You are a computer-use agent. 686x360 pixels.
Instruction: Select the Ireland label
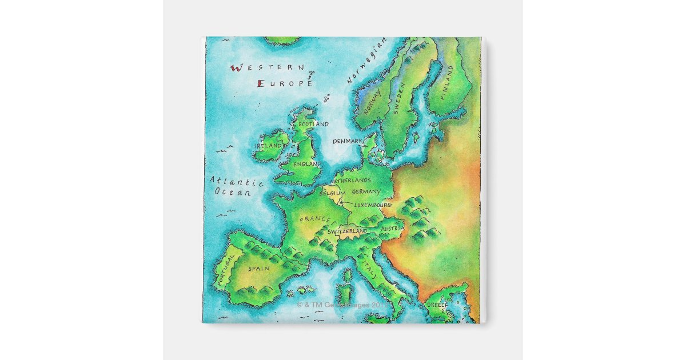(x=269, y=146)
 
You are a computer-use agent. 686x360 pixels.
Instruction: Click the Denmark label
(x=348, y=141)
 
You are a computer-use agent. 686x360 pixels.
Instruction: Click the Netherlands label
(x=354, y=180)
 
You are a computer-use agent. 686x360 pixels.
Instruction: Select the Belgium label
(x=332, y=193)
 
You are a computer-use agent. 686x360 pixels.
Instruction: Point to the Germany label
(x=366, y=192)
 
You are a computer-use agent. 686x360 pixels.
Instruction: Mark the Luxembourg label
(x=372, y=205)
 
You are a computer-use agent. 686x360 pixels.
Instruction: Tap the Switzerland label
(x=346, y=231)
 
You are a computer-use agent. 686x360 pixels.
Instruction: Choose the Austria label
(x=392, y=229)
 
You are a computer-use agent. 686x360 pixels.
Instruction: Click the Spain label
(x=258, y=268)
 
